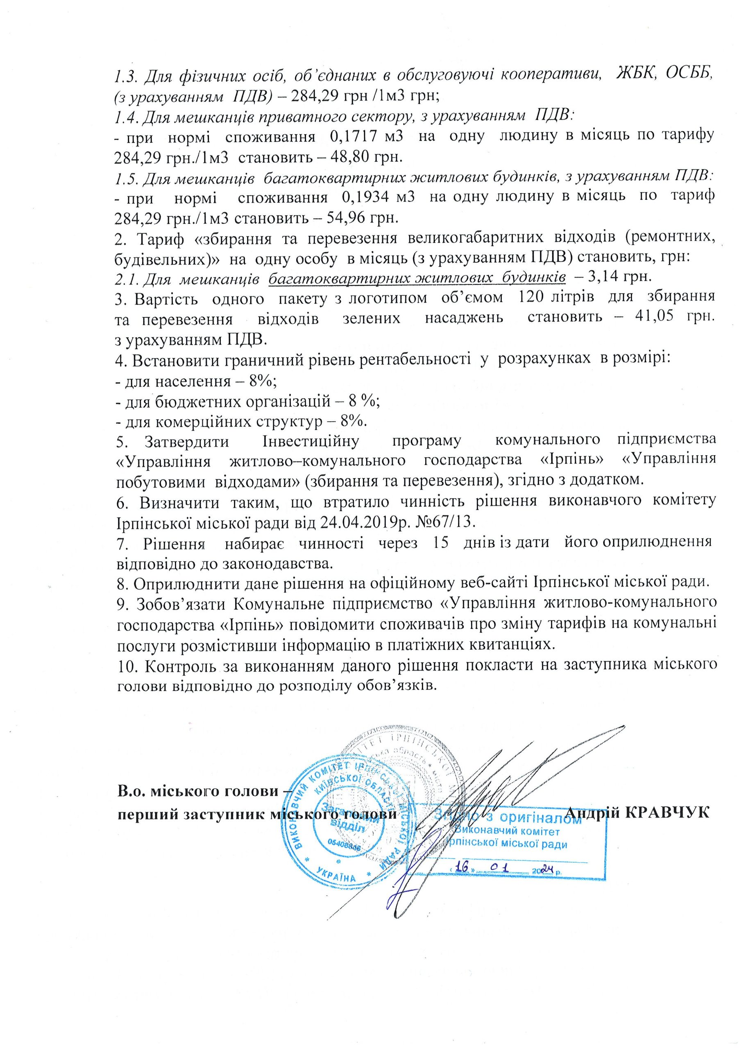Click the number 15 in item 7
434,542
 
